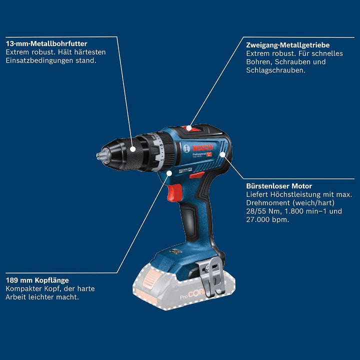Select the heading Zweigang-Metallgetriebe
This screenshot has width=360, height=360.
pyautogui.click(x=287, y=45)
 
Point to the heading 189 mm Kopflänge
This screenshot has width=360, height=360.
pyautogui.click(x=37, y=280)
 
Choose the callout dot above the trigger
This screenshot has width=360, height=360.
pyautogui.click(x=169, y=173)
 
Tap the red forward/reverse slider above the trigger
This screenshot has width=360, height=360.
pyautogui.click(x=196, y=175)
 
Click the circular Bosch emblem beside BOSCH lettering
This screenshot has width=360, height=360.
pyautogui.click(x=186, y=148)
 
